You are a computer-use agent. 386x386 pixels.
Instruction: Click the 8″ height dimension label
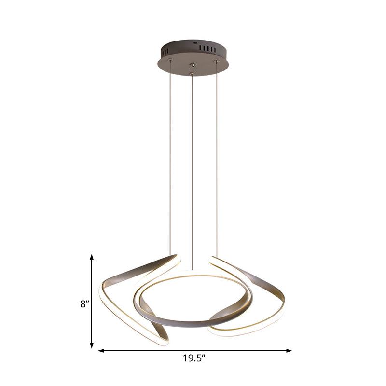tap(85, 304)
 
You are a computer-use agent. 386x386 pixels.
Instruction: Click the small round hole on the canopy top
tap(195, 43)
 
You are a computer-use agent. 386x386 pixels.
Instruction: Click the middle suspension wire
tap(193, 169)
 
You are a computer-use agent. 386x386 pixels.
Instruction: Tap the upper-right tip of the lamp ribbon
tap(211, 260)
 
